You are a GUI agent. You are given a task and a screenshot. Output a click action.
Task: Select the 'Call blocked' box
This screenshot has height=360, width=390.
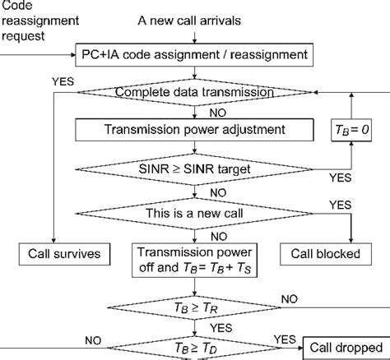click(325, 254)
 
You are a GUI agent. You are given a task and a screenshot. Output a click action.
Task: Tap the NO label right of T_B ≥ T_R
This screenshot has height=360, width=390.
click(290, 298)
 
